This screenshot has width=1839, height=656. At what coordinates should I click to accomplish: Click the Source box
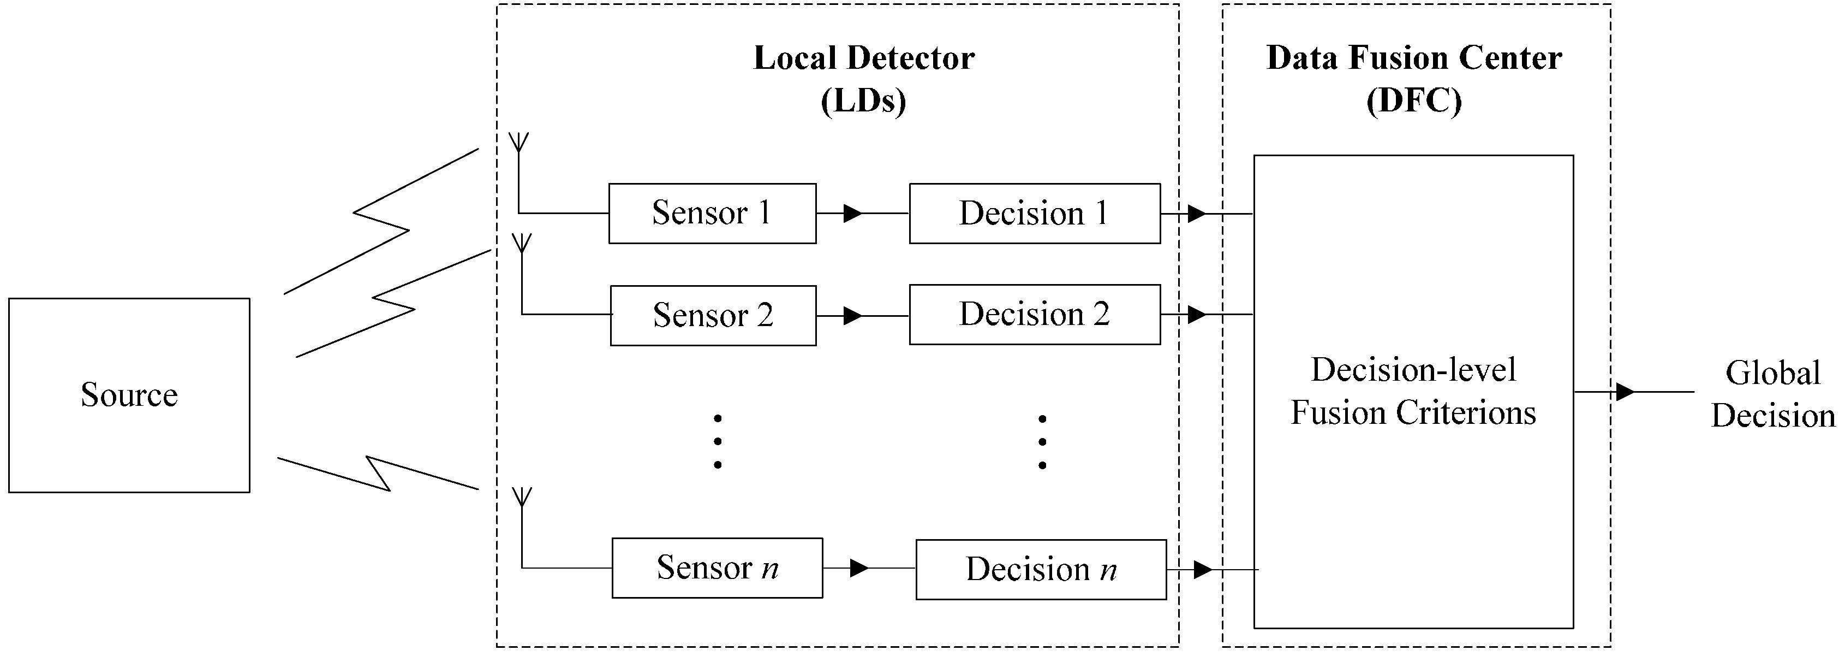click(129, 394)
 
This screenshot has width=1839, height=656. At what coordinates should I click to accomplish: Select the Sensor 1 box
click(712, 213)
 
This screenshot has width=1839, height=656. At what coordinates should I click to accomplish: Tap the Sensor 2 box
click(713, 315)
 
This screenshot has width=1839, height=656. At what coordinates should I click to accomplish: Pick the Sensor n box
click(717, 568)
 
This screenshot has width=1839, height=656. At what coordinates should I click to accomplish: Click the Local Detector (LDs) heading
click(863, 79)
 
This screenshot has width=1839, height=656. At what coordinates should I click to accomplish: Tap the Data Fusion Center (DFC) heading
click(1413, 79)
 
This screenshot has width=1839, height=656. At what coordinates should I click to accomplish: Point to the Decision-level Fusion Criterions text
click(1413, 392)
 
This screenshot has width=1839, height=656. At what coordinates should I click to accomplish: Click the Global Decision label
click(1772, 394)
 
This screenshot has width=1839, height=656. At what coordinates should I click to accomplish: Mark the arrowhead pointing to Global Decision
click(1625, 392)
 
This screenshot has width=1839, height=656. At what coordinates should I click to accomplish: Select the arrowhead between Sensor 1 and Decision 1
click(852, 213)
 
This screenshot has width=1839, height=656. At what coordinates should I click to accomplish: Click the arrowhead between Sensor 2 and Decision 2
click(852, 315)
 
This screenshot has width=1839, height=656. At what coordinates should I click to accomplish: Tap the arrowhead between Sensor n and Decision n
click(859, 568)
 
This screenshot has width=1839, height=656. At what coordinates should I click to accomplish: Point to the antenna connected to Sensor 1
click(519, 143)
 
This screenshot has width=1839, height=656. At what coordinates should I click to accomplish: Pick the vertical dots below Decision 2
click(1042, 442)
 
